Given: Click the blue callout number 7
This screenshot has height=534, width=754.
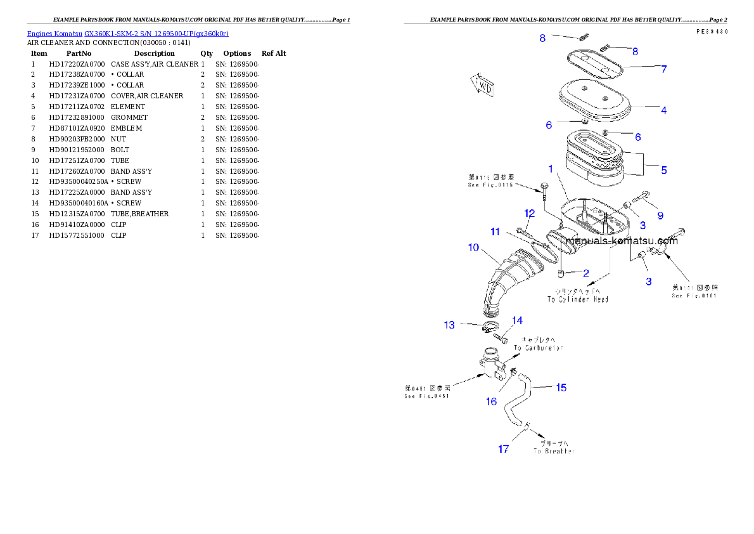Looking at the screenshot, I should point(663,69).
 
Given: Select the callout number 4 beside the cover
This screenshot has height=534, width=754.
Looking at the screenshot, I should point(663,110).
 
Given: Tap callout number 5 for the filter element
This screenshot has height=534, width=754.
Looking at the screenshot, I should point(663,170).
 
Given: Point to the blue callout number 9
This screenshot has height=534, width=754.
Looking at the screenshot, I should point(660,216).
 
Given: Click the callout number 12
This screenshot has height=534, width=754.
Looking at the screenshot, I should point(530,213).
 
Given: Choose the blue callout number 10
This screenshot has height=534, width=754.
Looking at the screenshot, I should point(473,247).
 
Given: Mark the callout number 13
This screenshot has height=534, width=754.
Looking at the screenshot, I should point(449,325).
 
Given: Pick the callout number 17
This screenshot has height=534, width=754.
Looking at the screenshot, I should point(503,449).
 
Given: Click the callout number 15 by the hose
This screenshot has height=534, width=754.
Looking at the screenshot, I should point(561,387).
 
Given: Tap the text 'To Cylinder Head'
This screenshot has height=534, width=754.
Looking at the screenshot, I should point(578,299).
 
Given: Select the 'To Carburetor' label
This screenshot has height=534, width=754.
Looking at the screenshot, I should point(538,348).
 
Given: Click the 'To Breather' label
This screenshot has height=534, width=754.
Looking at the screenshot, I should point(554,451).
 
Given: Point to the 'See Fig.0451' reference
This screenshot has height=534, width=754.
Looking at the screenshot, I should point(426,396).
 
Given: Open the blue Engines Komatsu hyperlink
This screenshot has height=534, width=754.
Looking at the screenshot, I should point(127,33).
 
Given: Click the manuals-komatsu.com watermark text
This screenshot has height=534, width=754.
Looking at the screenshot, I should point(621,241).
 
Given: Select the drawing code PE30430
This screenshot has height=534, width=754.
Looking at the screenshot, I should point(711,31).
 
